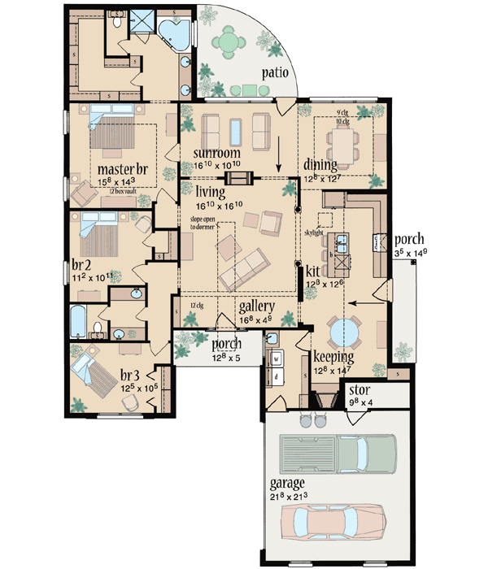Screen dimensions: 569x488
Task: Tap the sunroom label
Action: pyautogui.click(x=216, y=154)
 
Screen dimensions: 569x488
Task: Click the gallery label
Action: pyautogui.click(x=257, y=306)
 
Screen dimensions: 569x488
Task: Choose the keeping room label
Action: pyautogui.click(x=333, y=356)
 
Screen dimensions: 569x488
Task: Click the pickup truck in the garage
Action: pyautogui.click(x=337, y=451)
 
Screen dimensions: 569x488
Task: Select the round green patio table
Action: pyautogui.click(x=228, y=41)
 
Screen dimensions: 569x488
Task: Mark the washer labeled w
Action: pyautogui.click(x=277, y=358)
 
